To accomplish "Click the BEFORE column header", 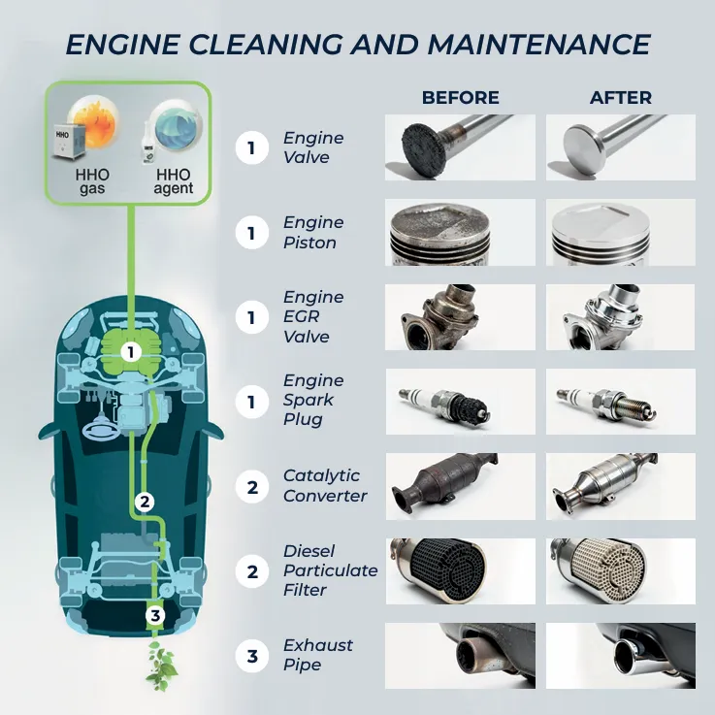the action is tap(460, 98).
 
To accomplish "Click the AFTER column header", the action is tap(621, 98).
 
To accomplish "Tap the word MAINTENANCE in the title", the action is tap(539, 45).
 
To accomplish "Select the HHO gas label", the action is tap(92, 181).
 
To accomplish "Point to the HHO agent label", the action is tap(174, 181).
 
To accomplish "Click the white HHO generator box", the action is tap(69, 141).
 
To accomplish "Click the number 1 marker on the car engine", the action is tap(131, 352).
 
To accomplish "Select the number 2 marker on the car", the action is tap(145, 502).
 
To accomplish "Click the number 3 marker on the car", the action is tap(155, 616).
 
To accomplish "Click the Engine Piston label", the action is tap(313, 233).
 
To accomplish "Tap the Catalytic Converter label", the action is tap(325, 486).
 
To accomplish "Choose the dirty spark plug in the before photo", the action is tap(445, 403).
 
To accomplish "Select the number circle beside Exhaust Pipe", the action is tap(252, 656).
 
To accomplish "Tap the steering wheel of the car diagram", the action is tap(101, 429).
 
